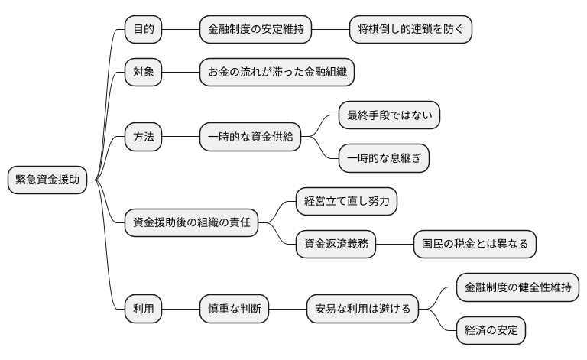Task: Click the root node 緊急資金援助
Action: click(x=47, y=180)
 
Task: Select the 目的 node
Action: click(x=143, y=30)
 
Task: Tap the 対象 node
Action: click(x=143, y=73)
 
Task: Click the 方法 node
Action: click(x=143, y=138)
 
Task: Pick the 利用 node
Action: click(x=143, y=309)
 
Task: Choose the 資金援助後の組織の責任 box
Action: click(x=191, y=223)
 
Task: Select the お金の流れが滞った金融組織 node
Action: click(x=277, y=73)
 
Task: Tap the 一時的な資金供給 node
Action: click(x=249, y=138)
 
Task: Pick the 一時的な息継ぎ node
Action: click(x=384, y=159)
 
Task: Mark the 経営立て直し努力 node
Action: click(x=346, y=202)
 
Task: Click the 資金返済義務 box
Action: click(x=336, y=245)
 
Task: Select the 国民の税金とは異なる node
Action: click(x=475, y=245)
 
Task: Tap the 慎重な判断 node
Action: click(x=233, y=309)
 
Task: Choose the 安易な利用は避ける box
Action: click(x=362, y=309)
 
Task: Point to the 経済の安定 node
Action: click(x=491, y=330)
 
